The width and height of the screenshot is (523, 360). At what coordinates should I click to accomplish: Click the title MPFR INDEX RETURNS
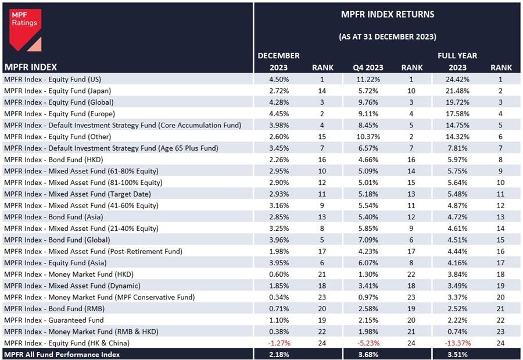pos(387,15)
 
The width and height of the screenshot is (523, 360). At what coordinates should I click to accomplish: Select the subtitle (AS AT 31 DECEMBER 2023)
pos(387,37)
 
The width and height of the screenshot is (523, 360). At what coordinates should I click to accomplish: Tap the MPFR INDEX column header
pos(30,67)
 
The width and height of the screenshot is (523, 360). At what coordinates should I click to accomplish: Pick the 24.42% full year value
pos(451,79)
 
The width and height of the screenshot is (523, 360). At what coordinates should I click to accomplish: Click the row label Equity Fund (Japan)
pos(58,91)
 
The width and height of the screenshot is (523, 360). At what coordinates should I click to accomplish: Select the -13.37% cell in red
pos(451,343)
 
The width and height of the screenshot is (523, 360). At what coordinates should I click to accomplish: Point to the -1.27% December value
pos(279,343)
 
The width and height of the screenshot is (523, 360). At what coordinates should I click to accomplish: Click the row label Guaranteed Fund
pos(54,320)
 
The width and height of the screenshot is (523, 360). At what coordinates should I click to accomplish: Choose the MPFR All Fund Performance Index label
pos(62,354)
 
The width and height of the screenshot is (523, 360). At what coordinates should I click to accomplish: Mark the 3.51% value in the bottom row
pos(451,354)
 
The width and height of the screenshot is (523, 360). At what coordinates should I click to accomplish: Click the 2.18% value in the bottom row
pos(279,354)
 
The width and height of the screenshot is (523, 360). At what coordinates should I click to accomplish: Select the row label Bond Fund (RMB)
pos(56,308)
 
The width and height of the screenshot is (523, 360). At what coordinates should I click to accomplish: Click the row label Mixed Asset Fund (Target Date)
pos(77,194)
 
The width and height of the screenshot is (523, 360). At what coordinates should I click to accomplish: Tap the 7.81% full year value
pos(451,148)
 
